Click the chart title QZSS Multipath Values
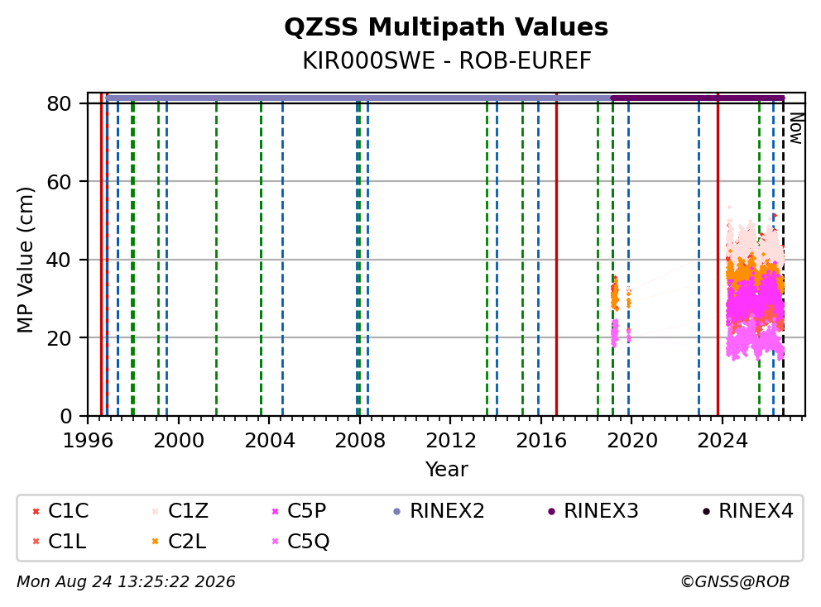446,27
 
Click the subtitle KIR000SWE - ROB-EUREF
447,60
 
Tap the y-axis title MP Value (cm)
25,260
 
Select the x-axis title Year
447,469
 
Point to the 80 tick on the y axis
60,103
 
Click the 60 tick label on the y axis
60,182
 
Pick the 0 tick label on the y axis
66,417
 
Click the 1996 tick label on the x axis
88,441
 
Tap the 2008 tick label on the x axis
360,441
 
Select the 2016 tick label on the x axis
541,441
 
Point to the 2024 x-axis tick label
722,441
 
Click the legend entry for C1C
60,511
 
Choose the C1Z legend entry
180,511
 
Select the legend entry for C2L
180,542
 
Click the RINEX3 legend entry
593,511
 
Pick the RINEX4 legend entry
748,511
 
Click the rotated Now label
796,128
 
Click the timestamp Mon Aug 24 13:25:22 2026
126,582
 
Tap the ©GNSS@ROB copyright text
735,582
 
